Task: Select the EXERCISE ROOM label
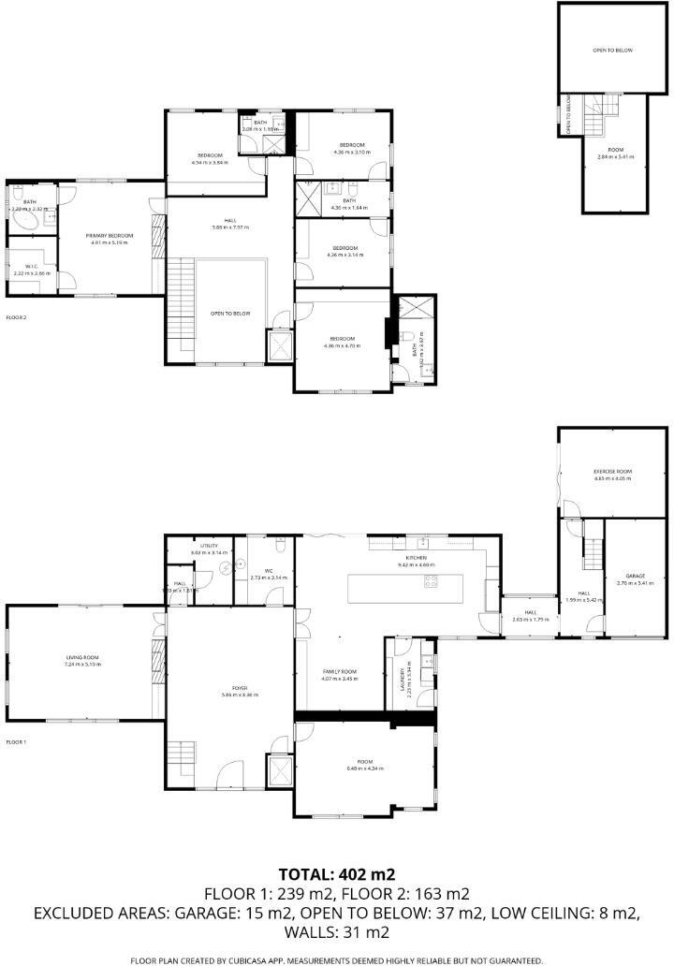(x=613, y=470)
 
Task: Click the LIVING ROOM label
(x=82, y=658)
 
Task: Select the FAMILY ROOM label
(x=340, y=671)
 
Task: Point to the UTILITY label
(x=209, y=546)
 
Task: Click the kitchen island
(x=394, y=588)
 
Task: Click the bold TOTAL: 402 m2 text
(x=337, y=875)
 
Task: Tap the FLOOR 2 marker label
(x=16, y=318)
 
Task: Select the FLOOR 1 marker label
(x=16, y=741)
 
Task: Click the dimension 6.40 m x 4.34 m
(x=365, y=768)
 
